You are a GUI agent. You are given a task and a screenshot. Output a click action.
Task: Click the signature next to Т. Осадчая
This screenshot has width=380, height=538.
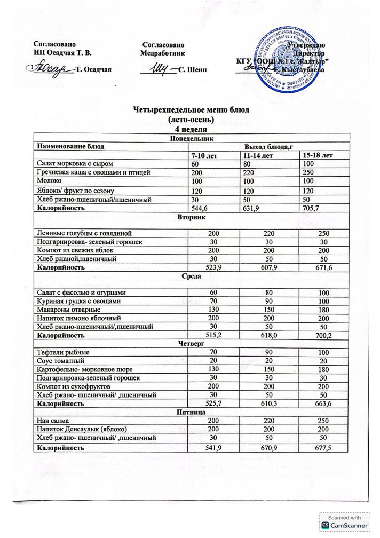51,70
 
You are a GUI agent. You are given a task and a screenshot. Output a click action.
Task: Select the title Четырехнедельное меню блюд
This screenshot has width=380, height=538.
191,110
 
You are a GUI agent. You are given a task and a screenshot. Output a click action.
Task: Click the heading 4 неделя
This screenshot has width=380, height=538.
191,129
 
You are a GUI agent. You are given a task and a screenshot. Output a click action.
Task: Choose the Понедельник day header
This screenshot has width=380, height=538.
191,138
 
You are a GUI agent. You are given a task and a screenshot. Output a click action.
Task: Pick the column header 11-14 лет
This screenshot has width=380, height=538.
258,155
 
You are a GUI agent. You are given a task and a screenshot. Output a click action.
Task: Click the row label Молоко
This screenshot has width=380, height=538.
49,181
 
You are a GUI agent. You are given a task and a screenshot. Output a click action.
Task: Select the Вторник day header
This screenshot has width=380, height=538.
191,218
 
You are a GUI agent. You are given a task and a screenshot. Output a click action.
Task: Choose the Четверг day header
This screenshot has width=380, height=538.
191,344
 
